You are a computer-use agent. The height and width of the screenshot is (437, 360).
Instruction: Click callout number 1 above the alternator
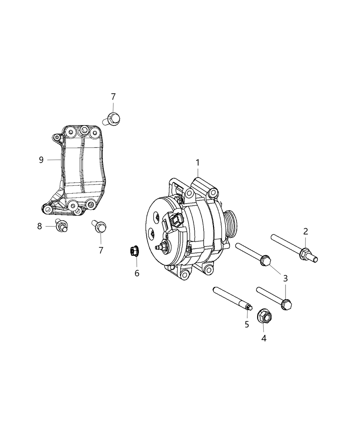pyautogui.click(x=197, y=163)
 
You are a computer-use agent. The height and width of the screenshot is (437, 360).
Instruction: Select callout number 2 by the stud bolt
pyautogui.click(x=305, y=231)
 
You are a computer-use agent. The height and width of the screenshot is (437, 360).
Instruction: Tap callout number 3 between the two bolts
pyautogui.click(x=285, y=278)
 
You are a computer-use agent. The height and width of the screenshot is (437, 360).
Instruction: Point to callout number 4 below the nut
pyautogui.click(x=263, y=338)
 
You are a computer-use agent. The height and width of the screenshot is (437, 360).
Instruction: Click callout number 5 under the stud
pyautogui.click(x=247, y=324)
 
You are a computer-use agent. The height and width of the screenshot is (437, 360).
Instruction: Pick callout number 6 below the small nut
pyautogui.click(x=137, y=273)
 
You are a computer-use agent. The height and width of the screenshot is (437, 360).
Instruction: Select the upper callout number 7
pyautogui.click(x=113, y=97)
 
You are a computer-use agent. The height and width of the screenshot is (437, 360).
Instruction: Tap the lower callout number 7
pyautogui.click(x=101, y=250)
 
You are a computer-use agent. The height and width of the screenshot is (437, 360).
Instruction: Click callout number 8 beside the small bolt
pyautogui.click(x=39, y=226)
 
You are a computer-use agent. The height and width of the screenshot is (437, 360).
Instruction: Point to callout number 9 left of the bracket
pyautogui.click(x=41, y=160)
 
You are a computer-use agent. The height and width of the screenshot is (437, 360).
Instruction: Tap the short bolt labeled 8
pyautogui.click(x=62, y=225)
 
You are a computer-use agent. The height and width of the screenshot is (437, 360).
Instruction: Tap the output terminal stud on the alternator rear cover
pyautogui.click(x=160, y=246)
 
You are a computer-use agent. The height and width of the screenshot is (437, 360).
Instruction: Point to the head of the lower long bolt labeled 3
pyautogui.click(x=287, y=304)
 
